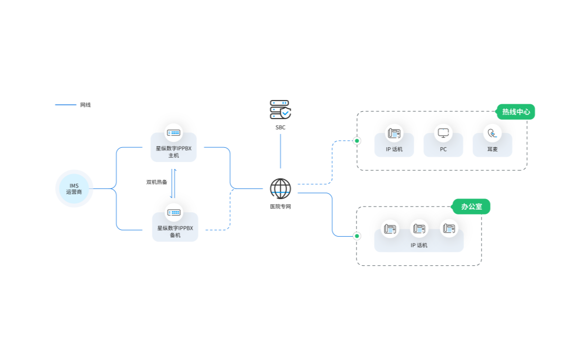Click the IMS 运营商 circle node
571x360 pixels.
[74, 188]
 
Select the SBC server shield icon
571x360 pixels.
[280, 110]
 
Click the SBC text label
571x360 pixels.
[280, 128]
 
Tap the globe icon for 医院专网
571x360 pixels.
[280, 188]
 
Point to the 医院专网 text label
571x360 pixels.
[280, 206]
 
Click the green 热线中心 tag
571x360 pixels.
[516, 112]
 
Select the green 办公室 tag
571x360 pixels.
[471, 206]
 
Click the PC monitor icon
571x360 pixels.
[443, 133]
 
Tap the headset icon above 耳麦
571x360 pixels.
[493, 133]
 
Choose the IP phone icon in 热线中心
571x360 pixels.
[394, 133]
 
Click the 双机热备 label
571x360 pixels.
[157, 182]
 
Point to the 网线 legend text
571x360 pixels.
[86, 105]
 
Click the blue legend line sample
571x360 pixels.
[66, 105]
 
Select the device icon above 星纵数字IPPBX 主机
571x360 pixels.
[173, 133]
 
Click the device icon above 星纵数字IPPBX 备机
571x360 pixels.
[174, 213]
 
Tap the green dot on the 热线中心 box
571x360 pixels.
[357, 140]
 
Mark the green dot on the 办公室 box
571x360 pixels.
[357, 236]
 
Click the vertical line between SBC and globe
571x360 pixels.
[280, 151]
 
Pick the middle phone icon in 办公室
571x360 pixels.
[419, 229]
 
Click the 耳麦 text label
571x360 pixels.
[493, 149]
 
